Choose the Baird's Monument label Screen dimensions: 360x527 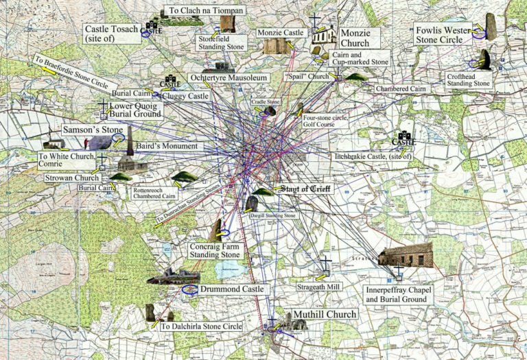click(166, 147)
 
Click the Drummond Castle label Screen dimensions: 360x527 click(232, 289)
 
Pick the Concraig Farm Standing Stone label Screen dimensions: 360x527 click(215, 250)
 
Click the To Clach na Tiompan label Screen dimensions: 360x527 click(196, 11)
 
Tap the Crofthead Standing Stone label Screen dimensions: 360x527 click(469, 79)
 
